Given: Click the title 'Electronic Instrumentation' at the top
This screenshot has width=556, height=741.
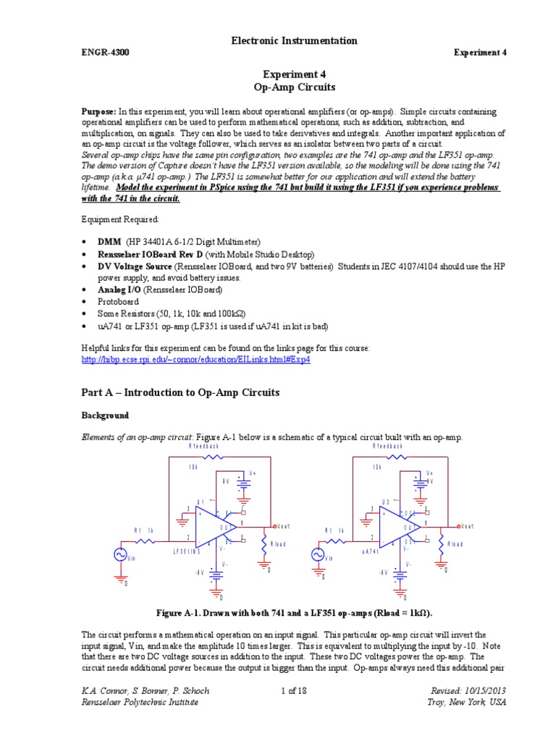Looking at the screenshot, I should point(293,41).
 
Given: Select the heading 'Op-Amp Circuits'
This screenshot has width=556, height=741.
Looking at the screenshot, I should point(293,87).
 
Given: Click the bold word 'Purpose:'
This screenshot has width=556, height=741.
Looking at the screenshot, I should point(98,112).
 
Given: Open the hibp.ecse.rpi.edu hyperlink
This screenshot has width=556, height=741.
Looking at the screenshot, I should point(195,360).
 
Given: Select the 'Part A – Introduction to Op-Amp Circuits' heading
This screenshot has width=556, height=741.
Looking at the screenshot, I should point(180,392).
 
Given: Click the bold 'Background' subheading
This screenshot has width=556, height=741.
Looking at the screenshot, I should point(104,415).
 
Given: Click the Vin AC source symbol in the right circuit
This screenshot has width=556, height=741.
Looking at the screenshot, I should point(317,554).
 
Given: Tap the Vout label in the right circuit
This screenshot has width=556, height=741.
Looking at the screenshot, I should point(467,526).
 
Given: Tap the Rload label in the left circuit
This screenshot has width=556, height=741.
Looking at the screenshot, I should point(279,543).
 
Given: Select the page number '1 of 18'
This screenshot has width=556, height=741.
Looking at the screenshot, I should point(294,691).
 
